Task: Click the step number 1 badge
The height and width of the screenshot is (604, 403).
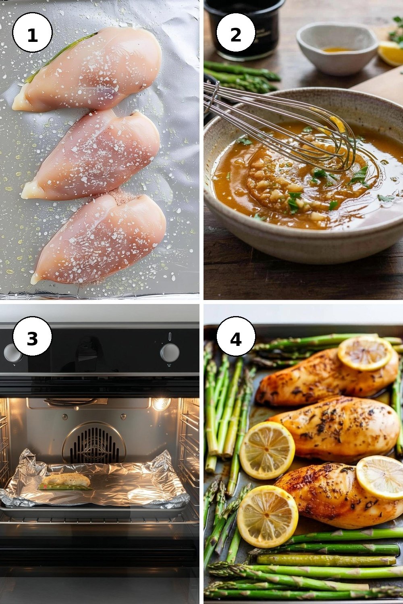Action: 32,33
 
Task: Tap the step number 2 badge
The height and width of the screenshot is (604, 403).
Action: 236,33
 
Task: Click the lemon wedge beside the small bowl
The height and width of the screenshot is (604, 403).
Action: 391,53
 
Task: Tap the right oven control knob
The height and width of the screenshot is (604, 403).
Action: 170,352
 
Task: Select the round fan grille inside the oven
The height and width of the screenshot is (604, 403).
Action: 94,444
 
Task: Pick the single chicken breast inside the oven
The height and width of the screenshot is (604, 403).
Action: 66,480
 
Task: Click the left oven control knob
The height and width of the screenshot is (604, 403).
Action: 12,353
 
